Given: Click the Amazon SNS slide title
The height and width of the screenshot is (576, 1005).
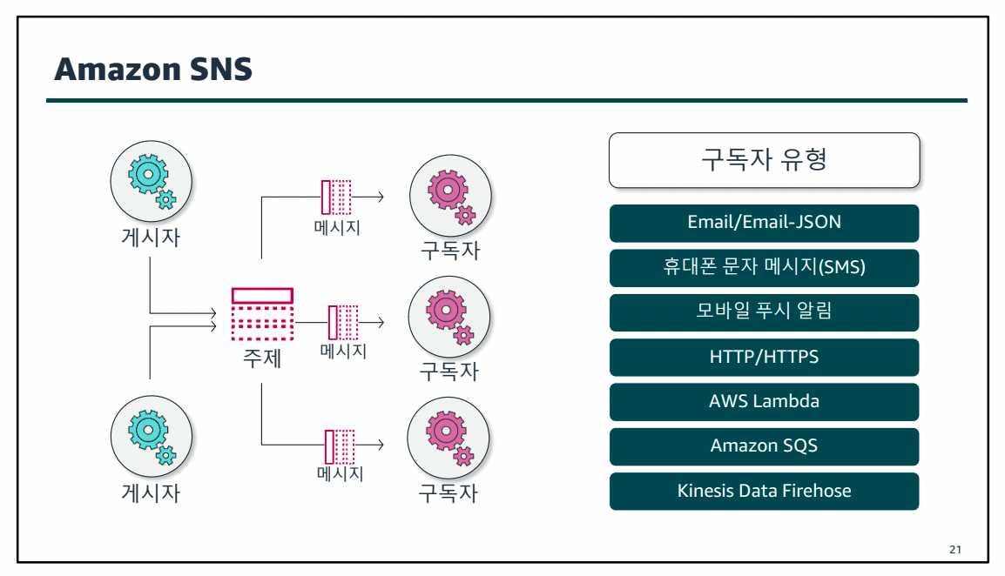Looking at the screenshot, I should click(x=153, y=70).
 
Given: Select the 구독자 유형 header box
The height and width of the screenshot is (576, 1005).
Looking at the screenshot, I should click(x=764, y=160).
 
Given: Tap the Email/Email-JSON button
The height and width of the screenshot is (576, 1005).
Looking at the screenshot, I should click(x=764, y=223).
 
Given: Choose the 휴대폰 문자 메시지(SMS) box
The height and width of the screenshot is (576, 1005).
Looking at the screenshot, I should click(x=764, y=268).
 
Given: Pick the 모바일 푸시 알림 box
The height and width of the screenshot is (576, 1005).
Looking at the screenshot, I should click(x=764, y=312).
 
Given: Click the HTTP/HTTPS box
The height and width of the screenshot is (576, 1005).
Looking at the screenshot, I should click(x=764, y=358).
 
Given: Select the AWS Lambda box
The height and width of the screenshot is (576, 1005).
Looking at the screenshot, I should click(x=764, y=402).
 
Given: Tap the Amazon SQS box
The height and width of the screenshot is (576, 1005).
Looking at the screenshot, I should click(x=764, y=446).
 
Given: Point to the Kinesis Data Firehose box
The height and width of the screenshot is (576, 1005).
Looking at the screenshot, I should click(x=764, y=492).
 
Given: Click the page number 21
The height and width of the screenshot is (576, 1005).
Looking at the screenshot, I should click(x=955, y=550).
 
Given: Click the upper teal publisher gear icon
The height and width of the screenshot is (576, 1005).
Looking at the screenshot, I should click(x=151, y=179).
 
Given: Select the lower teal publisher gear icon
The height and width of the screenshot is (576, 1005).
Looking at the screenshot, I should click(x=151, y=436).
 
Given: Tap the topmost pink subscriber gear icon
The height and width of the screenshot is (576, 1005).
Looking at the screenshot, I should click(x=449, y=195).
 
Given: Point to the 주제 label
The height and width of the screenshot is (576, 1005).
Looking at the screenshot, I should click(x=262, y=358).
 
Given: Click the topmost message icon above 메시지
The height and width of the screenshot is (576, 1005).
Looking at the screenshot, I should click(x=336, y=197).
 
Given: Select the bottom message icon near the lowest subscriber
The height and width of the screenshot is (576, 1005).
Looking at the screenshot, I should click(x=340, y=446).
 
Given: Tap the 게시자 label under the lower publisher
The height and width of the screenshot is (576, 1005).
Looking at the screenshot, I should click(x=150, y=493).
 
